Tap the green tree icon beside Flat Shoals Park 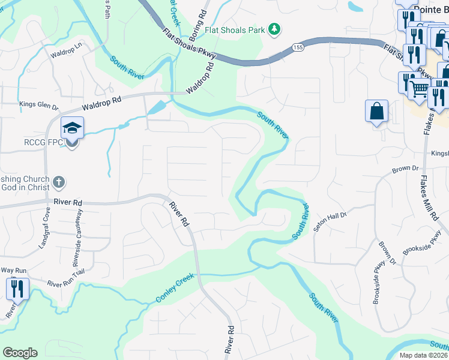(274, 28)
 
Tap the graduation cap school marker (72, 128)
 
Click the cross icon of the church (59, 181)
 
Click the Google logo (20, 353)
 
